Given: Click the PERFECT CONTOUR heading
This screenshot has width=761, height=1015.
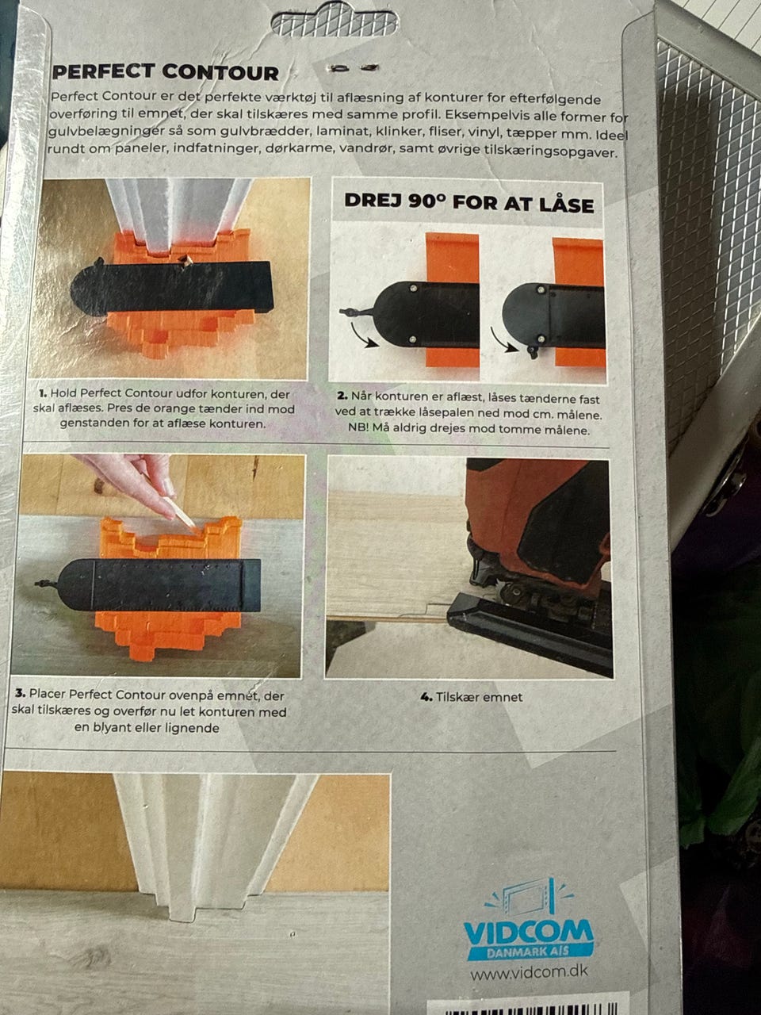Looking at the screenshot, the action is click(166, 72).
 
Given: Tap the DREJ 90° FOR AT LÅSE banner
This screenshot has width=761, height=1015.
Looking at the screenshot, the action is click(469, 203).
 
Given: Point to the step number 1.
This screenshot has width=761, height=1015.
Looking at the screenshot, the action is click(43, 393).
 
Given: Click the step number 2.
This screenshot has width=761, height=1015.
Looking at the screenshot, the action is click(342, 396).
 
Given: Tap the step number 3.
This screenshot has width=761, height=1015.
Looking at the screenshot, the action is click(20, 694).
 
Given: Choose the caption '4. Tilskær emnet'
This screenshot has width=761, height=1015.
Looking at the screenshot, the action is click(472, 697).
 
